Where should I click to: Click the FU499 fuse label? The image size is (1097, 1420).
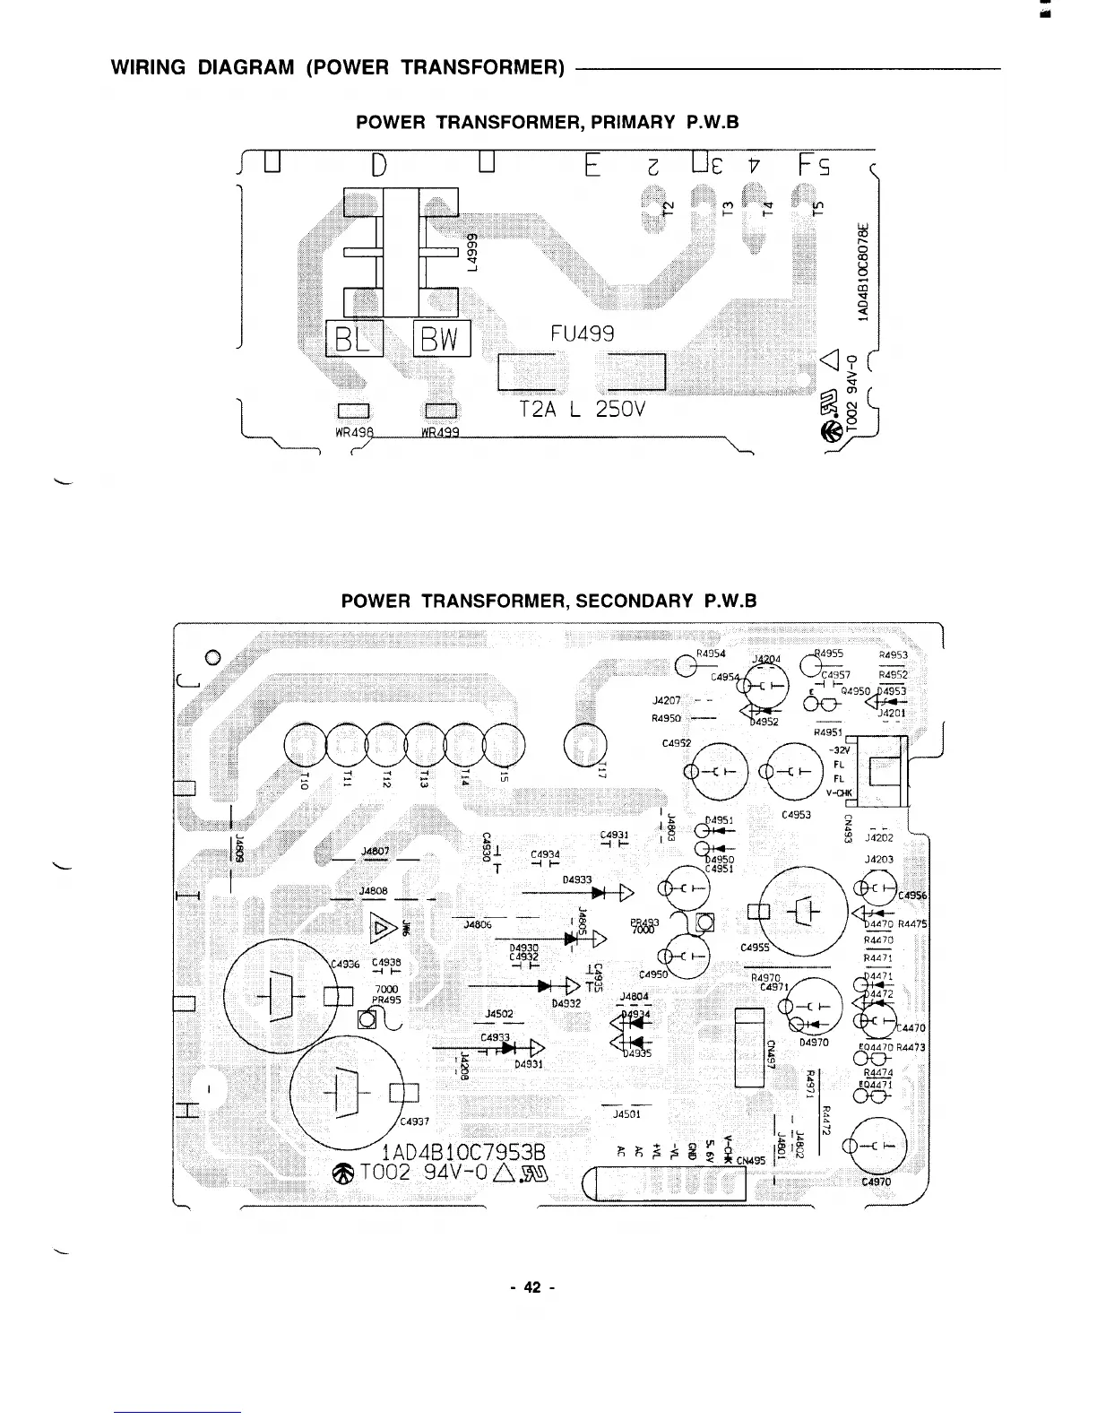tap(582, 333)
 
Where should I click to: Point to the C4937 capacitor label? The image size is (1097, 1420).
tap(415, 1121)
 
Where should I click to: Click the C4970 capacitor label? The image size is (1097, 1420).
tap(876, 1182)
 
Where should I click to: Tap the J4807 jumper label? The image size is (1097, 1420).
tap(374, 851)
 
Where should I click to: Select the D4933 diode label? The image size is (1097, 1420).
tap(577, 879)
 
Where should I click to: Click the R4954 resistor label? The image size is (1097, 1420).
tap(711, 654)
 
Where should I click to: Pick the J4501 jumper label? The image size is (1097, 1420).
tap(626, 1114)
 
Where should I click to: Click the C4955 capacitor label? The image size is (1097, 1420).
tap(755, 948)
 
